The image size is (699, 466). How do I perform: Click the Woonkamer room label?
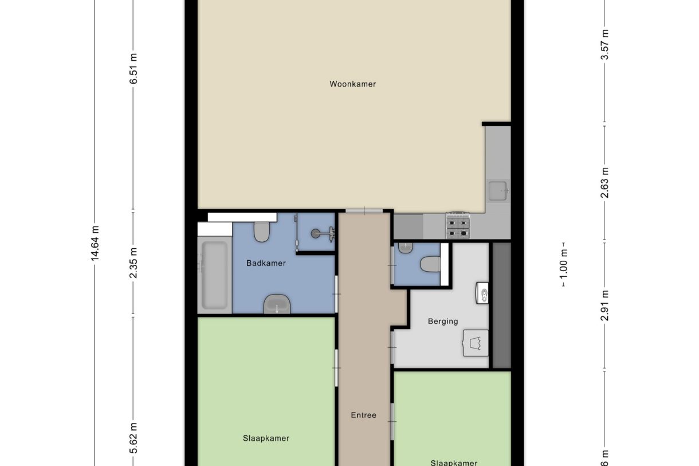pos(352,84)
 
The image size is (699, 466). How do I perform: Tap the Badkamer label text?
pos(266,264)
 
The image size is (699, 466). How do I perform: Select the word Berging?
pos(443,322)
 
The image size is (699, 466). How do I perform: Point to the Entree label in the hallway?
pos(364,415)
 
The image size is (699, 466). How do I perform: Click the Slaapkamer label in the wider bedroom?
pos(266,438)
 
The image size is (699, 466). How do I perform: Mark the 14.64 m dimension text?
pos(95,243)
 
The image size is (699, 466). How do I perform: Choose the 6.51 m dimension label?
pos(133,69)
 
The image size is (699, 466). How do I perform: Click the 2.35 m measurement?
pos(133,264)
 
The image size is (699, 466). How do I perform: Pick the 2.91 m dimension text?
pos(605,306)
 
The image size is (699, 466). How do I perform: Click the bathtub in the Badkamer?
pos(214,276)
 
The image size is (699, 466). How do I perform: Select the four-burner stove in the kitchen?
pos(458,225)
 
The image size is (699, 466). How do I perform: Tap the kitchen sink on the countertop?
pos(497,190)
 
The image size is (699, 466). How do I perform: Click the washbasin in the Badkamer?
pos(277,304)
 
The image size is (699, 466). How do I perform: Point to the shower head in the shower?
pos(316,233)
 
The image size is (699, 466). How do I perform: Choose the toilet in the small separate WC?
pos(430,265)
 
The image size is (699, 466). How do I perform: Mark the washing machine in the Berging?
pos(476,343)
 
